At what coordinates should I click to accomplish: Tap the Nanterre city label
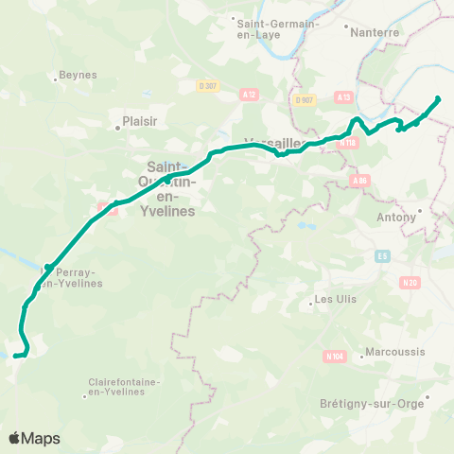pyautogui.click(x=375, y=31)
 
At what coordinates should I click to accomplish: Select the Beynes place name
pyautogui.click(x=72, y=75)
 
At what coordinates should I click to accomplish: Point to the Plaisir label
pyautogui.click(x=131, y=122)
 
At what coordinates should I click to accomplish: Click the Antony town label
pyautogui.click(x=396, y=218)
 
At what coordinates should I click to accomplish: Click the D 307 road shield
pyautogui.click(x=208, y=85)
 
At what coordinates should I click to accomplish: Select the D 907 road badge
pyautogui.click(x=304, y=99)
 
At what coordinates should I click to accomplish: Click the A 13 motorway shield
pyautogui.click(x=343, y=96)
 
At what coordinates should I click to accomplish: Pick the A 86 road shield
pyautogui.click(x=358, y=180)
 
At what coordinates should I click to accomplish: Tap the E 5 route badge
pyautogui.click(x=382, y=255)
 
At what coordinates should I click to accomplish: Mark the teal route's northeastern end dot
pyautogui.click(x=438, y=99)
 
